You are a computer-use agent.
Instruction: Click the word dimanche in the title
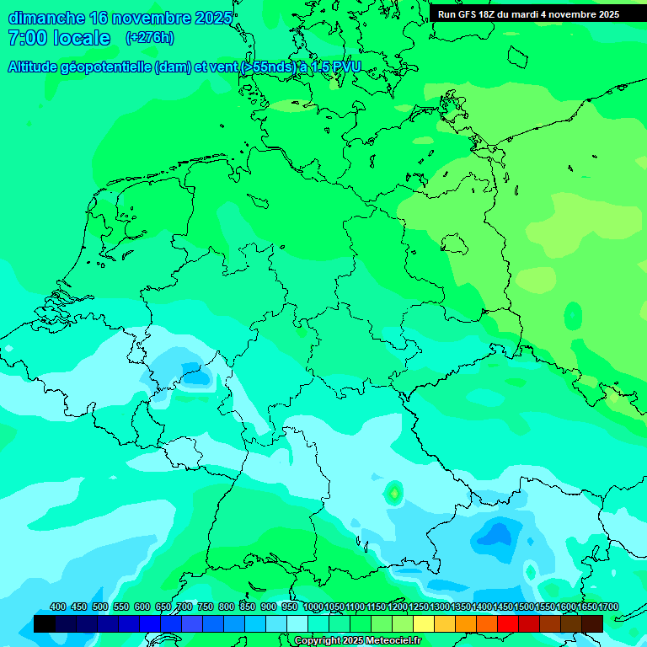tap(46, 18)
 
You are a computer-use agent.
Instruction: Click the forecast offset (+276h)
tap(149, 38)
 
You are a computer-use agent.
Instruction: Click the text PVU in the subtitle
tap(345, 67)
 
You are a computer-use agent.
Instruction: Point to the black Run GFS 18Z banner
tap(528, 14)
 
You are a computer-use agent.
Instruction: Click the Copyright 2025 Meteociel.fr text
tap(357, 641)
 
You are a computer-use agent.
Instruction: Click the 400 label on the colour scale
tap(58, 607)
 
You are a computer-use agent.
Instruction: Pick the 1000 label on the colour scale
tap(313, 607)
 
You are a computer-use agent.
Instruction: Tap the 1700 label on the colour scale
tap(608, 607)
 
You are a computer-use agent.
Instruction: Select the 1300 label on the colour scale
tap(440, 607)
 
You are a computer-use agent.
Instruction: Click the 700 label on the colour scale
tap(184, 607)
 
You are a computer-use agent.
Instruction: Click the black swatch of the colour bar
tap(45, 623)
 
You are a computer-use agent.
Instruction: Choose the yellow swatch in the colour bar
tap(424, 623)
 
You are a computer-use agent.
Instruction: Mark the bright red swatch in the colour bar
tap(508, 623)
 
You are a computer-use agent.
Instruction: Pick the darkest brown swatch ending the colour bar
tap(592, 623)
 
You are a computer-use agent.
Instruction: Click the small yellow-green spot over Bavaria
tap(393, 491)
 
